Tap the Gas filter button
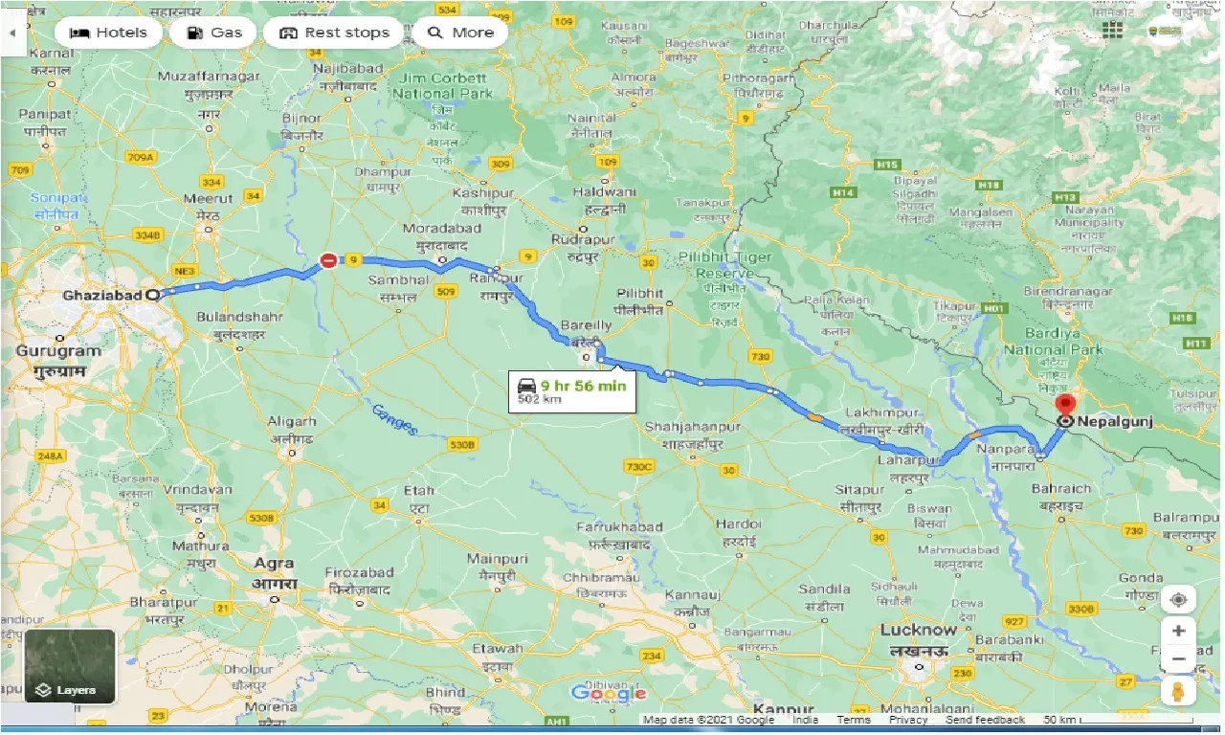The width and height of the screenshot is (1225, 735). pos(214,33)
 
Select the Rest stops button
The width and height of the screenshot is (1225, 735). pos(334,33)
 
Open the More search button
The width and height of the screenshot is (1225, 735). pos(461,33)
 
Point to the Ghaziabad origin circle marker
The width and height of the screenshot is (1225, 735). pos(152,296)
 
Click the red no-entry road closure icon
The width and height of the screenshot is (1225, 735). pos(328,260)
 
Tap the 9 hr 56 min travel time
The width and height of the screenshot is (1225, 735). pos(583,386)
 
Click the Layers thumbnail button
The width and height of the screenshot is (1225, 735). pos(70,666)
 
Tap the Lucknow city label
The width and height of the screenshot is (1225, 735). pos(918,630)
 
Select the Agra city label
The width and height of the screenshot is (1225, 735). pos(274,564)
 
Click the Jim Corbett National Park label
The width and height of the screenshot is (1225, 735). pos(442,86)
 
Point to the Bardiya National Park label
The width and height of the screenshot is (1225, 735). pos(1053,343)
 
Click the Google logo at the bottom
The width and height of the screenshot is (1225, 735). pos(608,694)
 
